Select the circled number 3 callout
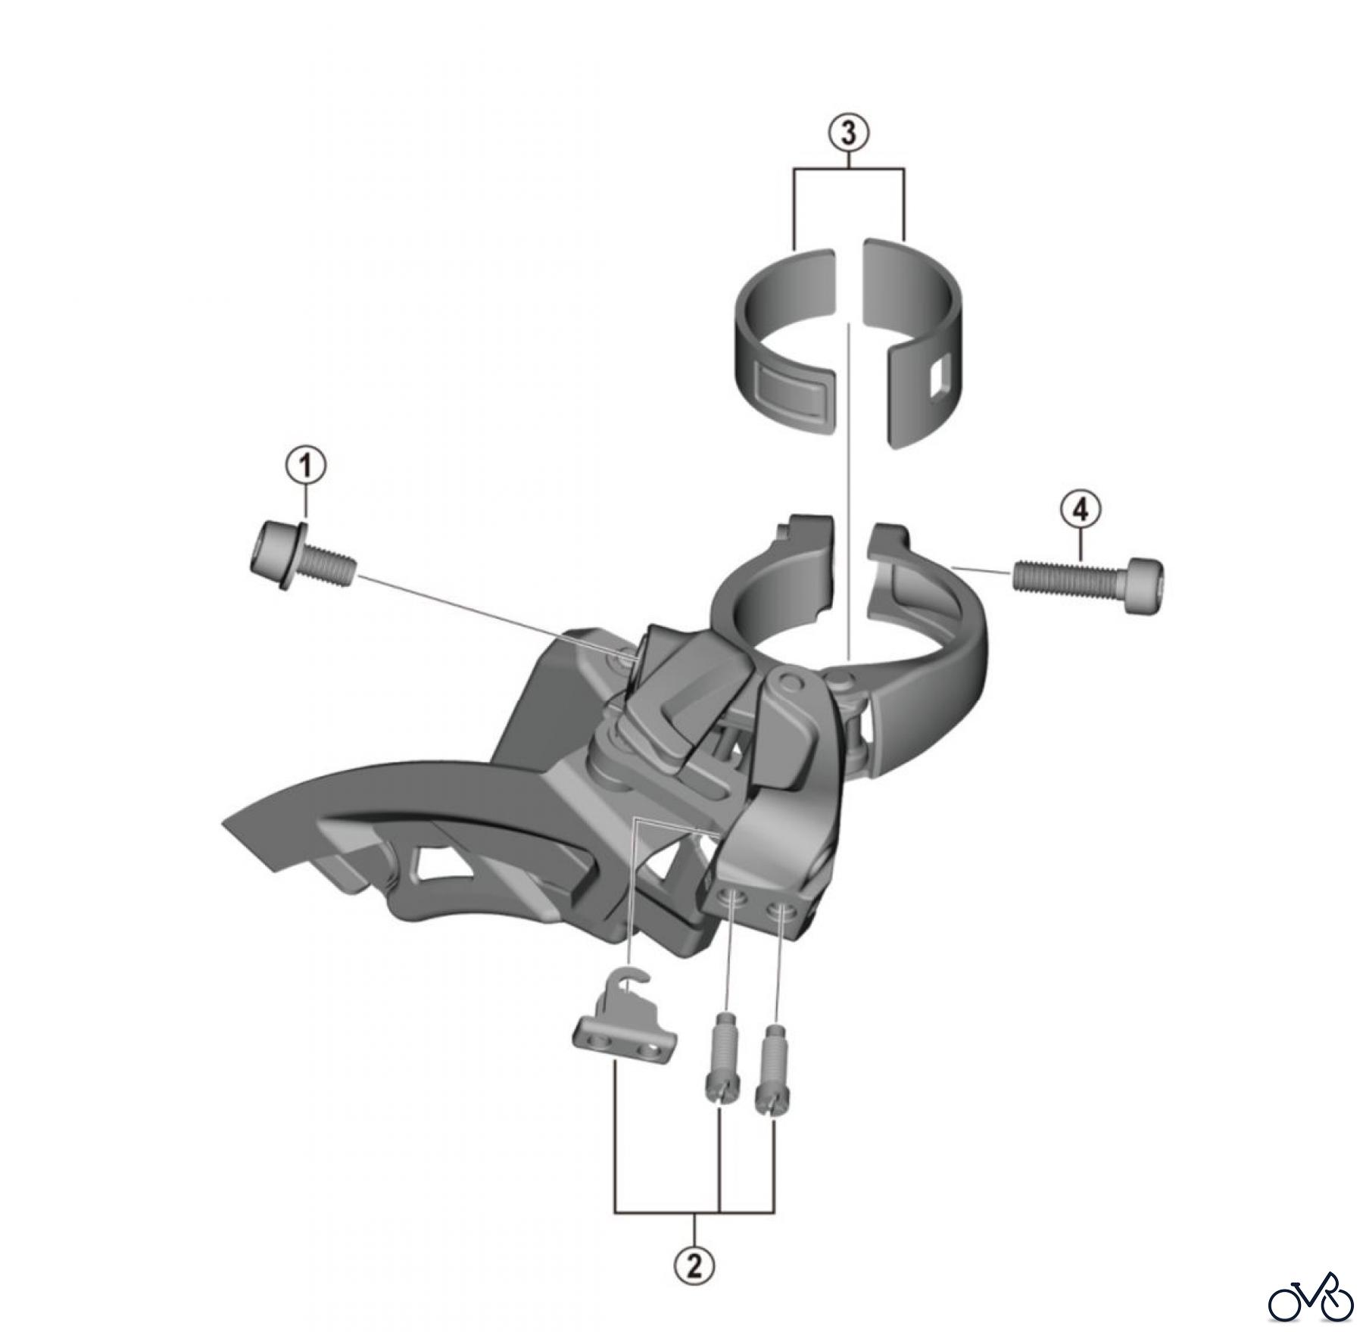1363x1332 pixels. pos(848,133)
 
